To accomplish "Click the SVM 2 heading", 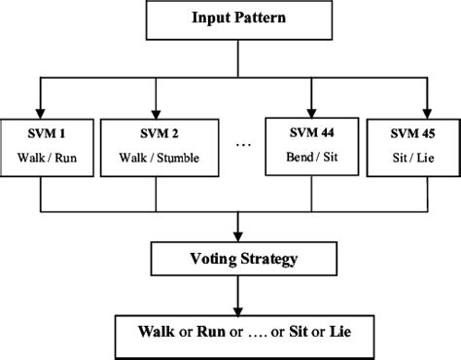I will pyautogui.click(x=155, y=131).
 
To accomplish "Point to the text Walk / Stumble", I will pyautogui.click(x=156, y=155).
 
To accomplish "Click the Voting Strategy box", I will pyautogui.click(x=237, y=260).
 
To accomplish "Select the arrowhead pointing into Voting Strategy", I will pyautogui.click(x=238, y=236).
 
